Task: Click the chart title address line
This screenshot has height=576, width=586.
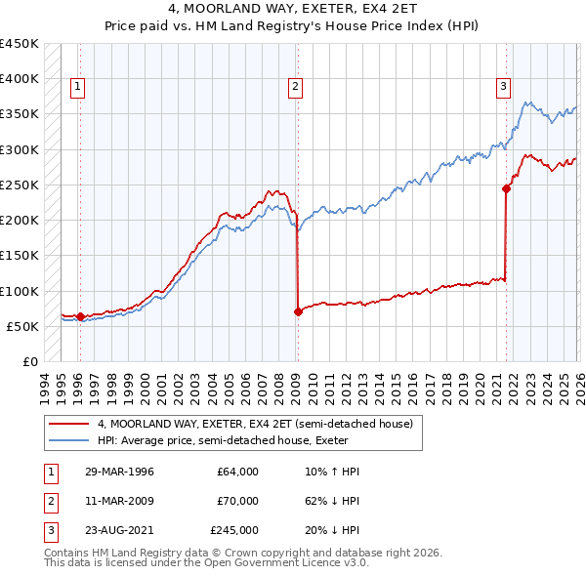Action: (x=293, y=7)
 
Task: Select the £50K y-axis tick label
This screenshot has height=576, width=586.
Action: (x=21, y=326)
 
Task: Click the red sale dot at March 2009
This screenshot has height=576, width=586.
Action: (x=297, y=312)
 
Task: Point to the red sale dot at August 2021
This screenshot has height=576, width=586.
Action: (x=507, y=189)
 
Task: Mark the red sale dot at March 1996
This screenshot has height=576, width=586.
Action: (x=80, y=316)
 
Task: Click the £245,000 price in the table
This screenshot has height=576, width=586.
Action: (x=234, y=530)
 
